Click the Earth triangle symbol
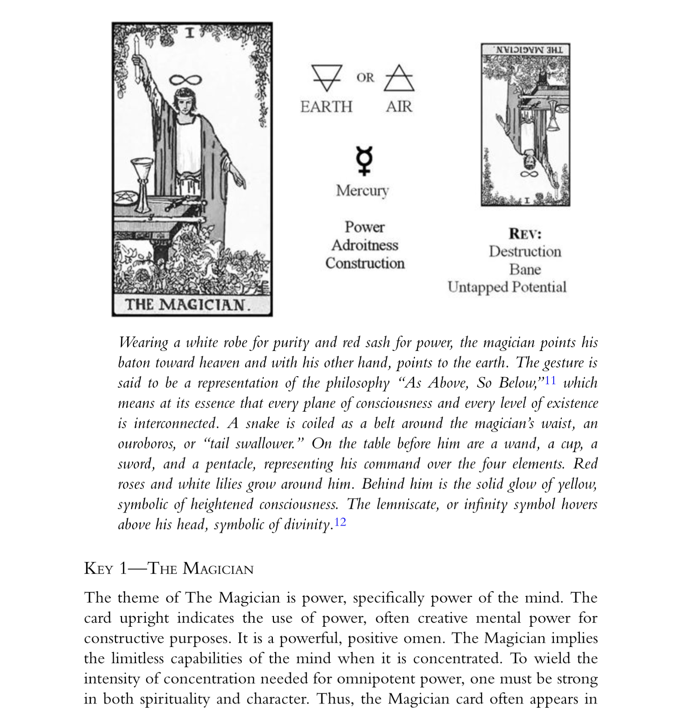[327, 77]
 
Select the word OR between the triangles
[365, 78]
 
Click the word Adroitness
[364, 245]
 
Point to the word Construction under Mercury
[364, 263]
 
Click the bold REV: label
[525, 234]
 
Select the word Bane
[525, 269]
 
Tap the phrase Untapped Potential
[507, 287]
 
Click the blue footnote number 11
[550, 381]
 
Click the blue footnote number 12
[340, 522]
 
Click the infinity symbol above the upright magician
[185, 80]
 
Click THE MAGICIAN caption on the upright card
[187, 304]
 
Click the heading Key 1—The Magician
[169, 569]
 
